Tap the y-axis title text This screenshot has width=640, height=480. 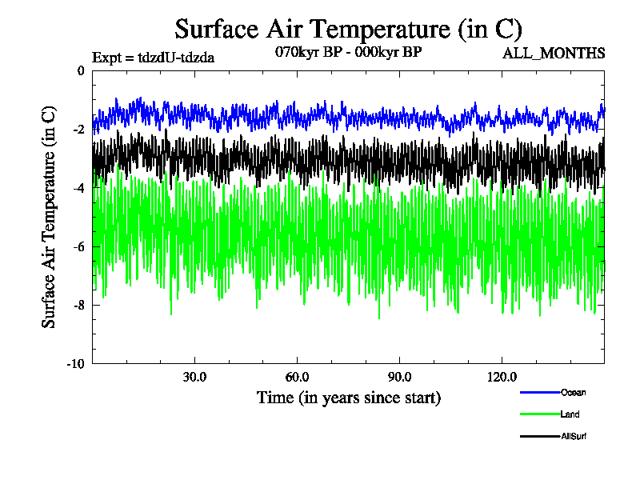(49, 217)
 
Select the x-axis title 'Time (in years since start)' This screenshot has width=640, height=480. (348, 397)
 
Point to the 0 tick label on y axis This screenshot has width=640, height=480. (80, 70)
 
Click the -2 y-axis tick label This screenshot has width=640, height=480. (78, 130)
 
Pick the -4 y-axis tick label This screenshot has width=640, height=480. (78, 188)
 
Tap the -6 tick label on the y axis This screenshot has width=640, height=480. (78, 246)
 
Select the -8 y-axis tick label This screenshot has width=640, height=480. (78, 305)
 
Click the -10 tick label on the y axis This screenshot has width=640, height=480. (75, 364)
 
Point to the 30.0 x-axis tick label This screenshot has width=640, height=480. (194, 377)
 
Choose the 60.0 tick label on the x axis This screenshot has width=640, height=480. (297, 377)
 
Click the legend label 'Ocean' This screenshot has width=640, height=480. (573, 392)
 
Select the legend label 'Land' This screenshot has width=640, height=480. (570, 414)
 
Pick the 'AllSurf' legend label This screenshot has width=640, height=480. (575, 436)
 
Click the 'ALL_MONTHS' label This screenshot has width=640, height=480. (553, 54)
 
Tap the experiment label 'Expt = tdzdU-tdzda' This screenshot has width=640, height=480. (154, 57)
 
